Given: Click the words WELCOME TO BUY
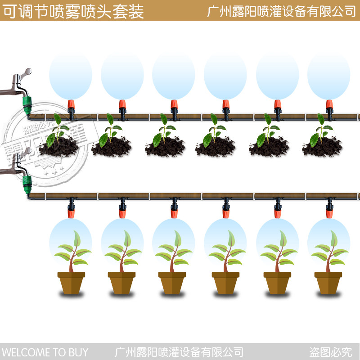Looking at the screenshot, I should tap(45, 352).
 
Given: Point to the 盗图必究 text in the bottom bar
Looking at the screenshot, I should tap(331, 352).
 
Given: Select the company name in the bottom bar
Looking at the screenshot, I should tap(180, 352).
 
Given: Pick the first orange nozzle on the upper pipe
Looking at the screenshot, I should tap(71, 107).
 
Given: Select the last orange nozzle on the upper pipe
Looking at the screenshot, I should tap(329, 107).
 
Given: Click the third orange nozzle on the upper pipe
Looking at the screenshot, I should tap(174, 107).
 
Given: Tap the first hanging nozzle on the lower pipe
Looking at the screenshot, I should tap(71, 209).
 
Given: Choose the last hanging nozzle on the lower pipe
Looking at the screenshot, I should tap(329, 209).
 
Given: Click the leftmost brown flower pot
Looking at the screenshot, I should tap(71, 282).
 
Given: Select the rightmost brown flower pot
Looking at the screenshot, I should tap(328, 282).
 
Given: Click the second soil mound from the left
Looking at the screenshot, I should tap(112, 146).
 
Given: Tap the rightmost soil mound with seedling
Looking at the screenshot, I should tap(322, 146).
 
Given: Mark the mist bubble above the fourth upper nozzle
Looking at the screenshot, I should tap(225, 76).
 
